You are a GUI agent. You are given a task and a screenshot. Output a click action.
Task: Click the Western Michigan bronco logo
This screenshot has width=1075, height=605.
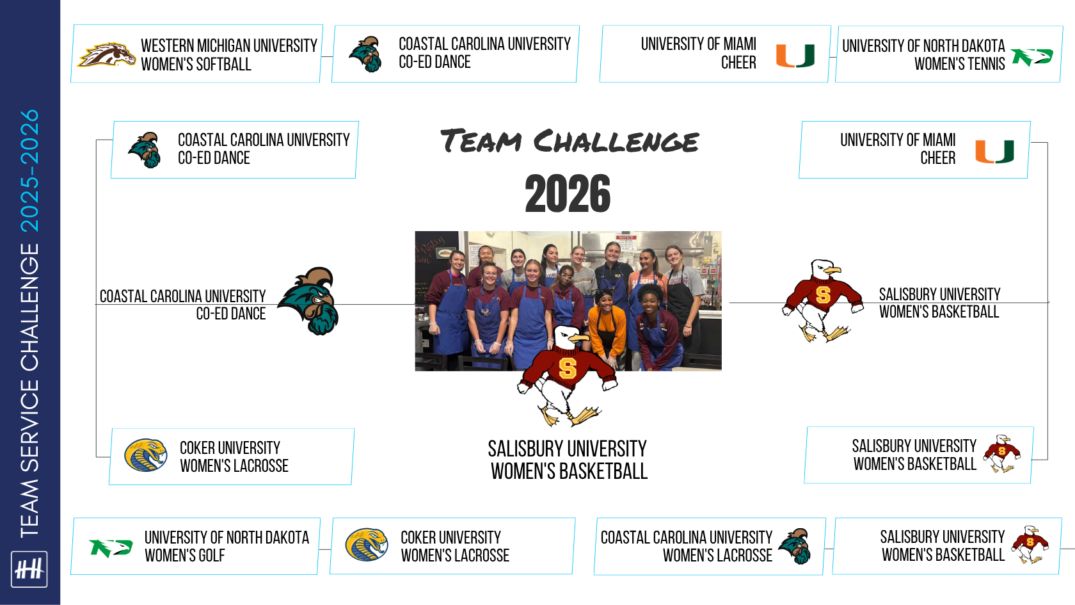[106, 54]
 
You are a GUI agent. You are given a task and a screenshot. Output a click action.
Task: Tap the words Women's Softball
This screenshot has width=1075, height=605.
[196, 64]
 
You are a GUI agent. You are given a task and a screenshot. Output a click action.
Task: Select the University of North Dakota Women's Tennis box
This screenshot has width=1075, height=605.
[949, 54]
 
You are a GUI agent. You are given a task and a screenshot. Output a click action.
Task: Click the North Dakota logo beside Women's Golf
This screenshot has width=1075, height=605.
[111, 548]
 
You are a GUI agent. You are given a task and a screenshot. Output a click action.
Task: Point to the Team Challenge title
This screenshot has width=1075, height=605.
[569, 141]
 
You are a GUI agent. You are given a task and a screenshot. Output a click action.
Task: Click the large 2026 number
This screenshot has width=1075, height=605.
[568, 193]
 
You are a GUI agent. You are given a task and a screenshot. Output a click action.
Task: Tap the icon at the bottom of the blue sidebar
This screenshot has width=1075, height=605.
[29, 569]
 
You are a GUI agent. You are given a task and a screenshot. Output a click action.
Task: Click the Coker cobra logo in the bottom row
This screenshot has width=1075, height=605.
[367, 545]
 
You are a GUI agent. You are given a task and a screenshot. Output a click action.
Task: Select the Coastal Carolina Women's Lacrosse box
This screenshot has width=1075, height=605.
[709, 547]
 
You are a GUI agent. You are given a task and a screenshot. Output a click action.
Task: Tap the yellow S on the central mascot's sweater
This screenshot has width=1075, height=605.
[568, 367]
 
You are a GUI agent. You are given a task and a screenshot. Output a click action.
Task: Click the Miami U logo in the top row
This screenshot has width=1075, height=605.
[795, 56]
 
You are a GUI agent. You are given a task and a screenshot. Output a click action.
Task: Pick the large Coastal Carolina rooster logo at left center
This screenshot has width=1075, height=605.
[309, 301]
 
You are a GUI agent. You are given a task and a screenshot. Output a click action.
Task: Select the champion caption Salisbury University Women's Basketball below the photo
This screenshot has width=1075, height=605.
[568, 460]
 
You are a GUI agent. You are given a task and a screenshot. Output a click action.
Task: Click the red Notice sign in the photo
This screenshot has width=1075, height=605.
[626, 238]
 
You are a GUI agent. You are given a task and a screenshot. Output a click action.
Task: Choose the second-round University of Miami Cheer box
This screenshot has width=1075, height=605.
[914, 150]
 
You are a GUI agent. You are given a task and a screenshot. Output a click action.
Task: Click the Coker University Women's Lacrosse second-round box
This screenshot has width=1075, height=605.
[232, 456]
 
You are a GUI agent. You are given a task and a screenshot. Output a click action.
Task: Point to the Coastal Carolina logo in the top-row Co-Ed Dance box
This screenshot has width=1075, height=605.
[366, 54]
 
